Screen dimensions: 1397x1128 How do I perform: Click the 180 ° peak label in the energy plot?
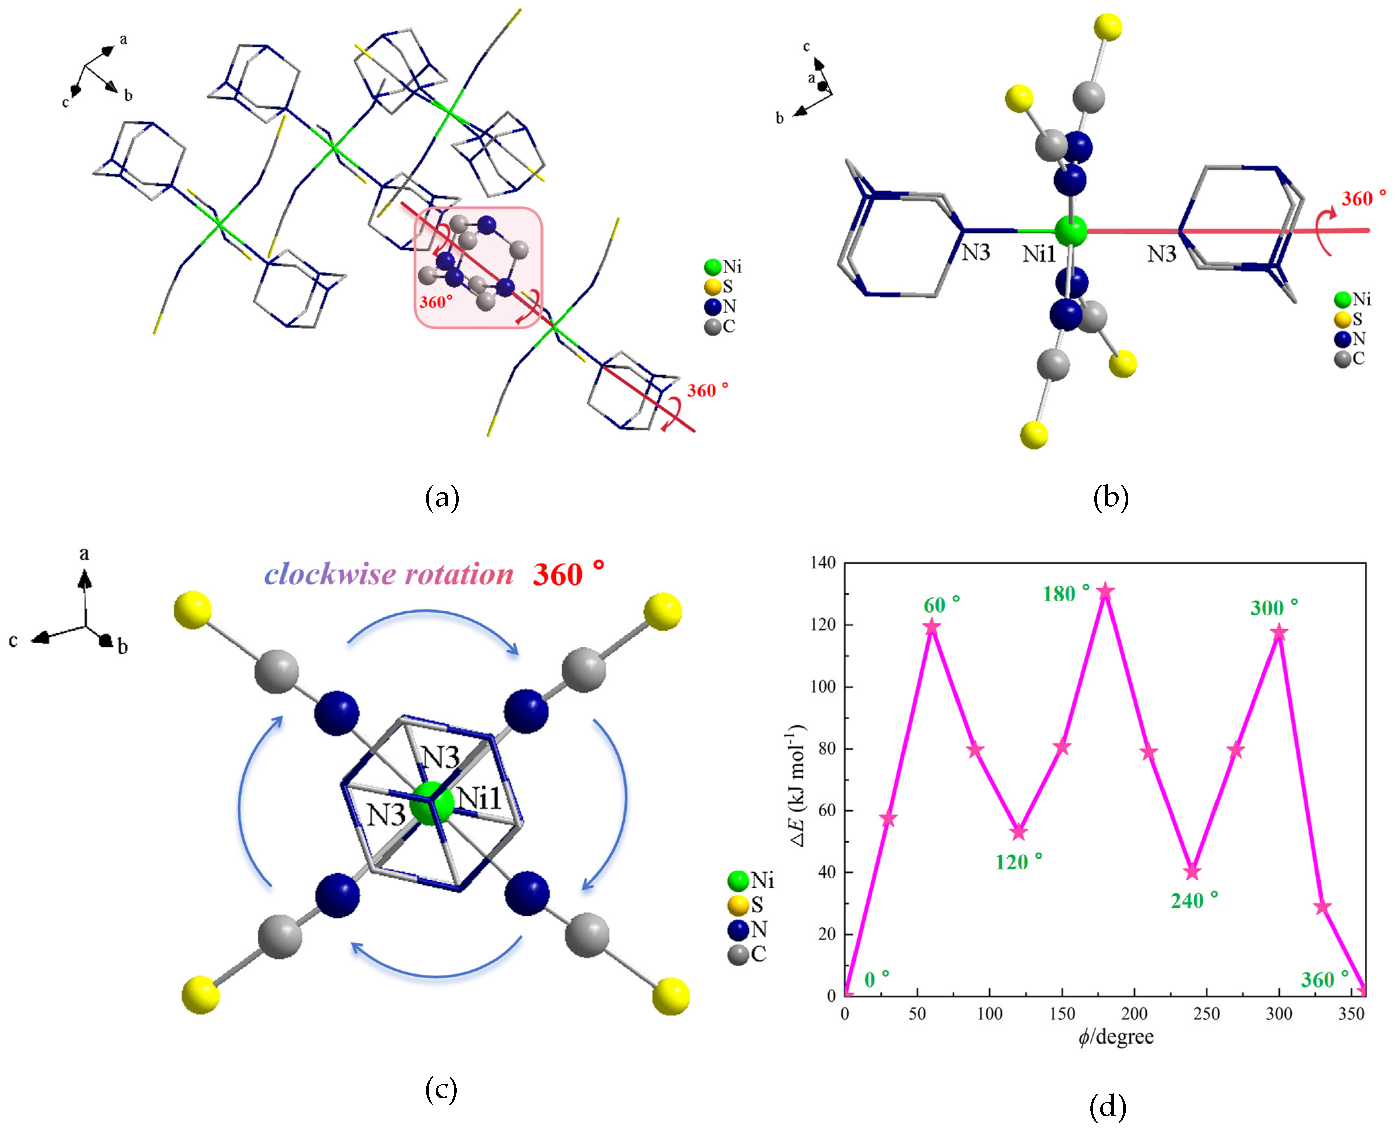(1066, 593)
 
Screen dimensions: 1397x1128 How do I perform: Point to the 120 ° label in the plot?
(1019, 862)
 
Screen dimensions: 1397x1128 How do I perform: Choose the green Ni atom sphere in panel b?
(1070, 231)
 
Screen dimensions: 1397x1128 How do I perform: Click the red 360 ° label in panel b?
(1363, 199)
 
